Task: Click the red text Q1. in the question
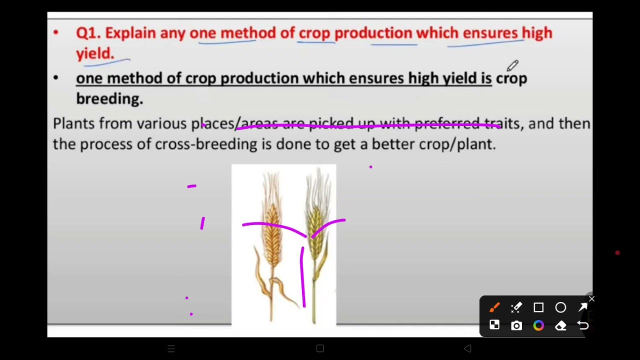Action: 88,33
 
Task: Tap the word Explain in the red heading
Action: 130,33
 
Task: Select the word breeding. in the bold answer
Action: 109,99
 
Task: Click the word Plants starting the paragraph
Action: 73,123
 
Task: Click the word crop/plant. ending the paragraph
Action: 457,144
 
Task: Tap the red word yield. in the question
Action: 95,54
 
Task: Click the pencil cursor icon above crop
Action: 513,65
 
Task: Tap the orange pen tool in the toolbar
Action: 494,307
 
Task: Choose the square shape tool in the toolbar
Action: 538,307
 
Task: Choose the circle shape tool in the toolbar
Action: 560,307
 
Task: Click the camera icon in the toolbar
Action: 516,325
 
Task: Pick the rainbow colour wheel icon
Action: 538,325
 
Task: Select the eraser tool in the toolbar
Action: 560,325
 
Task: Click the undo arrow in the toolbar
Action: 582,325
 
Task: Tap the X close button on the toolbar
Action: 591,299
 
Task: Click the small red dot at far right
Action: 617,253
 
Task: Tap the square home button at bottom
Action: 320,348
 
